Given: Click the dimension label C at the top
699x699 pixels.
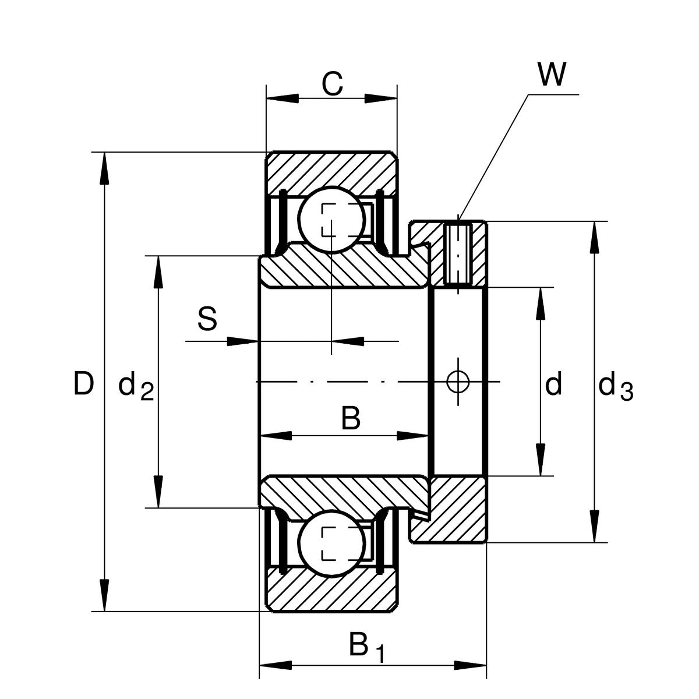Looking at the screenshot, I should [x=332, y=85].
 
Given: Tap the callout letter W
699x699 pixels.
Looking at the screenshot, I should [x=551, y=75].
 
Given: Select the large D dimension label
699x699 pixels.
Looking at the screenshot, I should [x=83, y=384].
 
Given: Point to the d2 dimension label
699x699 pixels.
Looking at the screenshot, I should [x=135, y=387].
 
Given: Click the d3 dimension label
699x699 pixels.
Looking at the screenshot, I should [x=615, y=387].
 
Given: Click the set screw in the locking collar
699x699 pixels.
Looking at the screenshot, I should [x=458, y=253].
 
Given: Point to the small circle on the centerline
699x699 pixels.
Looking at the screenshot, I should [x=458, y=382].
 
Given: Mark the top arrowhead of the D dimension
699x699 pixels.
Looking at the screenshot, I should [x=104, y=169].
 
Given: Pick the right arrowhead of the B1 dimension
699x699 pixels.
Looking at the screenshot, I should [x=471, y=665].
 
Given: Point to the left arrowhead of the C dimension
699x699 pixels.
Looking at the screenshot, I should [x=282, y=98].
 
